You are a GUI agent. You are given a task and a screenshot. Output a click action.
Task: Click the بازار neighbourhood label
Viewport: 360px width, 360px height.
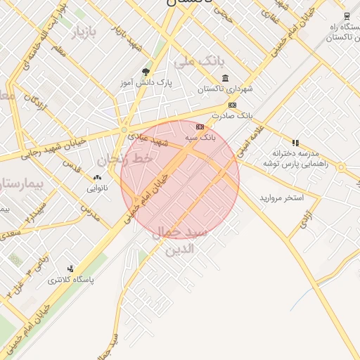[82, 32]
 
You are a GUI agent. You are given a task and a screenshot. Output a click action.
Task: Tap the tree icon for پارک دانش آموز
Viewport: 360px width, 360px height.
[146, 71]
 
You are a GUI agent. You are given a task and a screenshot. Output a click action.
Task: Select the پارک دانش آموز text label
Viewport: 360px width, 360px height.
[146, 83]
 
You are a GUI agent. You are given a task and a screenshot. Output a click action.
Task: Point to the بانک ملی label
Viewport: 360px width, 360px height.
[193, 62]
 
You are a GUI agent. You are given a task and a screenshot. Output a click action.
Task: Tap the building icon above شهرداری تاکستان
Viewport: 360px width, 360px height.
[225, 78]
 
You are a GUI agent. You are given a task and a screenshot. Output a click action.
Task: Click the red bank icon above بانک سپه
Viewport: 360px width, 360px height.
[200, 127]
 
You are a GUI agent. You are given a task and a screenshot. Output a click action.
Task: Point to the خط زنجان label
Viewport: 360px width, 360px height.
[126, 160]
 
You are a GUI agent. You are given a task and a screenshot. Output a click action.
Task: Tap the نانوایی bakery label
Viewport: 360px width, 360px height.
[98, 188]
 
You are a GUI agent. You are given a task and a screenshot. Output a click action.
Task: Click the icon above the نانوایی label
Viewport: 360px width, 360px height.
[97, 177]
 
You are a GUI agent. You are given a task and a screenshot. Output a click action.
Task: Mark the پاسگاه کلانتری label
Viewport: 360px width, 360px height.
[70, 280]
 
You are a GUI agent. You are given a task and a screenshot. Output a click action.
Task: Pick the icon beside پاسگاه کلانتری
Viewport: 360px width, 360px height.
[70, 269]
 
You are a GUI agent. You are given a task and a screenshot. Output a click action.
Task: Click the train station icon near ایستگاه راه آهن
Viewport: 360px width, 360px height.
[347, 15]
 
